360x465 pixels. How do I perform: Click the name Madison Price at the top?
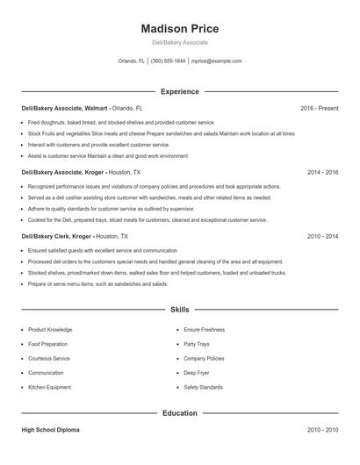pos(179,28)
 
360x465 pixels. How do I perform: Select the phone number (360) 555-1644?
pos(168,61)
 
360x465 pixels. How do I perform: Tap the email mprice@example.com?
pos(217,61)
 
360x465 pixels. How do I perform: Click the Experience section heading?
pos(179,91)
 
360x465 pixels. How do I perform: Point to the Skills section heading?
pos(179,310)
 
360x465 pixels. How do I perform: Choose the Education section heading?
pos(179,412)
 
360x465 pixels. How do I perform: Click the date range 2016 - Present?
pos(319,108)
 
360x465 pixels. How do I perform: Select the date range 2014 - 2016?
pos(322,172)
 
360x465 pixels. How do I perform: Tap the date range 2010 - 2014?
pos(322,236)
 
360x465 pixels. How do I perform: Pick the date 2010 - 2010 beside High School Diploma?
pos(322,430)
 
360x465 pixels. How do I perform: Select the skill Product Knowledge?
pos(50,329)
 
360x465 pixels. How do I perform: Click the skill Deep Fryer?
pos(197,372)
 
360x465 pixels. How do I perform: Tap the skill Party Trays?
pos(197,344)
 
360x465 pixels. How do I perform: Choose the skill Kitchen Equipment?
pos(49,386)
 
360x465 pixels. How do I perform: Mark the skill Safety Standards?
pos(204,386)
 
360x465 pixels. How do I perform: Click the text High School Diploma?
pos(50,430)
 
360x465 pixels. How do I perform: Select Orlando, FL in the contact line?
pos(132,61)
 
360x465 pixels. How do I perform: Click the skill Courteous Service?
pos(49,358)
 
